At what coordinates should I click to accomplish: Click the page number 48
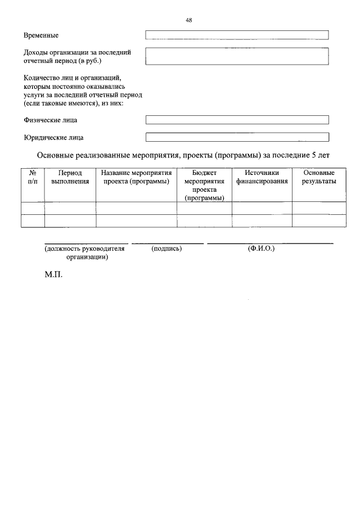coord(189,20)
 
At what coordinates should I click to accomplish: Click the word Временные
coord(42,35)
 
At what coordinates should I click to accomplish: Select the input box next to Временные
coord(237,35)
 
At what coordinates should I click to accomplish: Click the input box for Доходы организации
coord(237,57)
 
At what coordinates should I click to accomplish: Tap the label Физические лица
coord(51,120)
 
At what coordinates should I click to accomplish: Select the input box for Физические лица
coord(237,120)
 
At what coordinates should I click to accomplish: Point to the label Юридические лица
coord(53,137)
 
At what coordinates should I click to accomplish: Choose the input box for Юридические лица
coord(237,137)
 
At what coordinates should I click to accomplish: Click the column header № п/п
coord(33,177)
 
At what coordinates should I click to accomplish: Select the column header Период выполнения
coord(70,177)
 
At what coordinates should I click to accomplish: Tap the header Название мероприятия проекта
coord(136,177)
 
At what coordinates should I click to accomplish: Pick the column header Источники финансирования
coord(262,177)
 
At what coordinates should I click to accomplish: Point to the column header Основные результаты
coord(319,177)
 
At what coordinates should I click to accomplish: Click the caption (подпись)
coord(166,248)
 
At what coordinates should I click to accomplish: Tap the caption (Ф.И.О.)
coord(261,248)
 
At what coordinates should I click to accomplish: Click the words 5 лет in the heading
coord(320,155)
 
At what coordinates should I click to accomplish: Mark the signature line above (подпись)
coord(168,244)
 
